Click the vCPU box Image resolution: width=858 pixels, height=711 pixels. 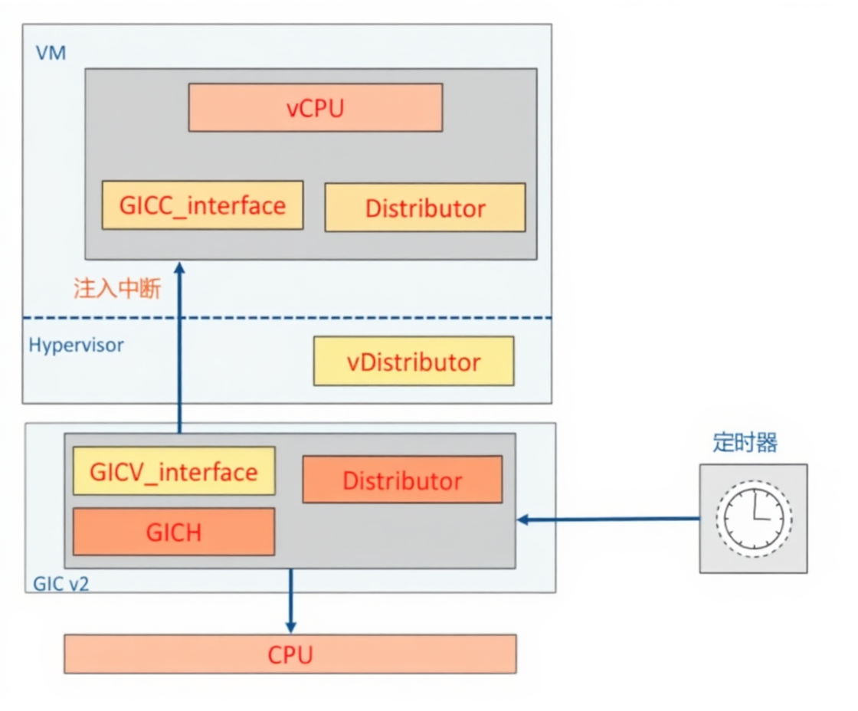click(315, 107)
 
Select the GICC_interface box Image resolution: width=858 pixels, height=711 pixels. click(202, 205)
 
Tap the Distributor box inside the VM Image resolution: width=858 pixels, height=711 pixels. click(425, 208)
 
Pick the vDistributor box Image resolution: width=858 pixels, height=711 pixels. click(414, 362)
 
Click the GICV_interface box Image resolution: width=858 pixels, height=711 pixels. click(174, 471)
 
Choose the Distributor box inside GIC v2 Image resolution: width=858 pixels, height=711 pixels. click(402, 480)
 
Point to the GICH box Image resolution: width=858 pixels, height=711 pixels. click(174, 531)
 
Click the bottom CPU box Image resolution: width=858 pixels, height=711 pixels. click(290, 654)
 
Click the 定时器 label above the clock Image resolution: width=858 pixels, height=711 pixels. click(745, 443)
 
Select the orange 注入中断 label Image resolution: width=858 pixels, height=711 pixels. click(116, 289)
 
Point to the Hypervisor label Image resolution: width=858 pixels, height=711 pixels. click(76, 345)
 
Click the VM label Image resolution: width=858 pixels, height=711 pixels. click(51, 54)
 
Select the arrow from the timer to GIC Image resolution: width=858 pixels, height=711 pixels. click(609, 519)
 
